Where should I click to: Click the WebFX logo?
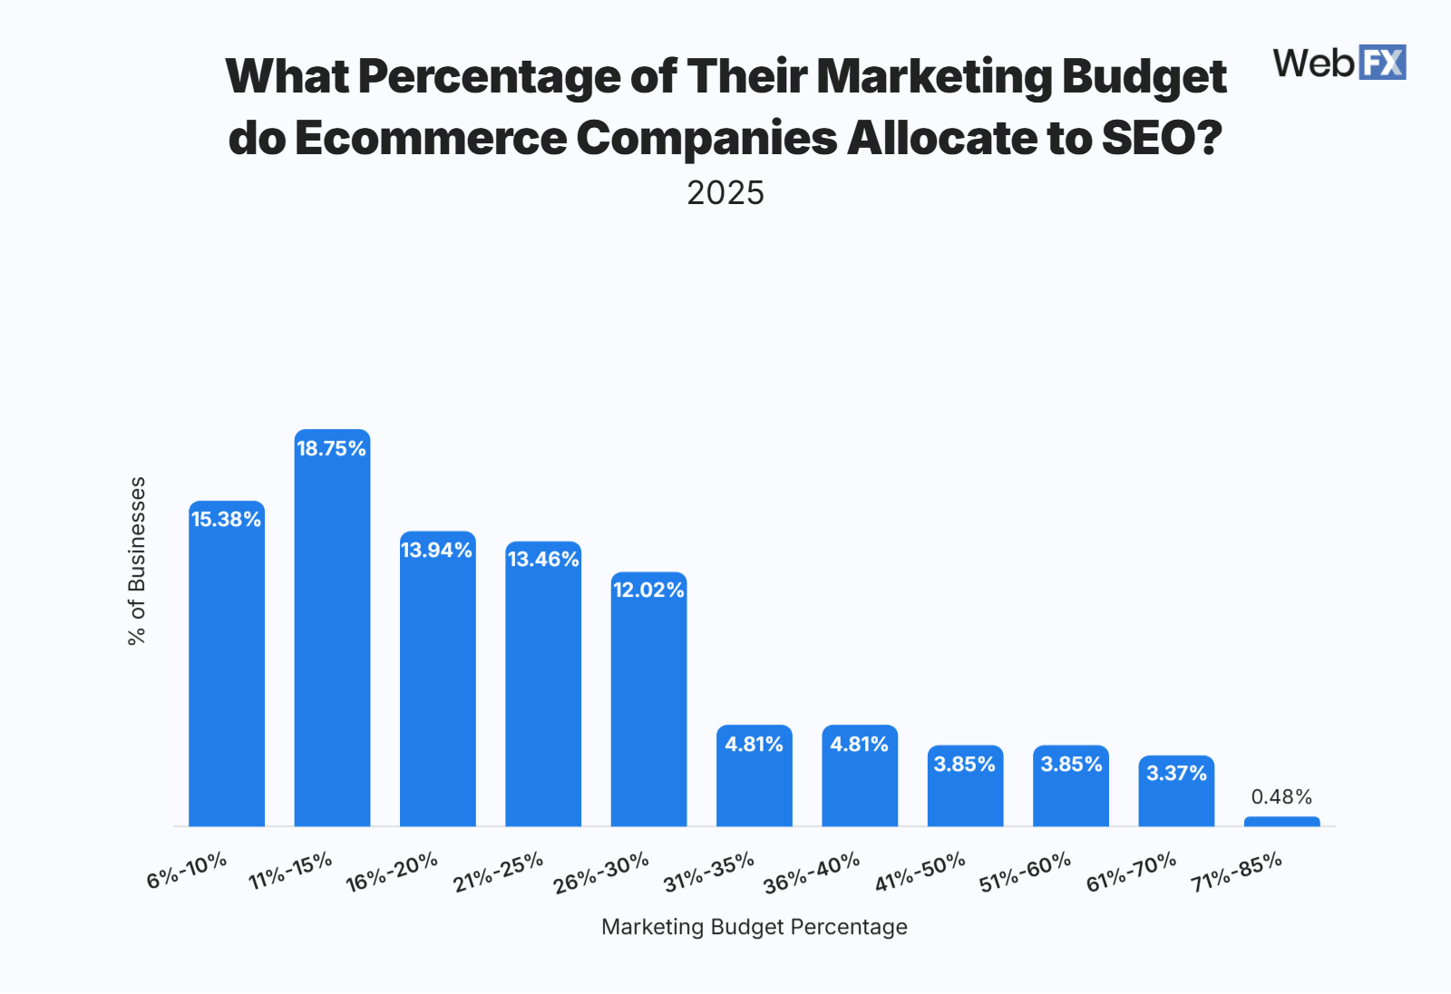pyautogui.click(x=1339, y=63)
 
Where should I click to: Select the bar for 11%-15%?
pyautogui.click(x=332, y=635)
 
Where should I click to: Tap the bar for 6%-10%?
pyautogui.click(x=227, y=671)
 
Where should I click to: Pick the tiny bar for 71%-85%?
pyautogui.click(x=1281, y=822)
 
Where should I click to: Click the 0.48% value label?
pyautogui.click(x=1281, y=796)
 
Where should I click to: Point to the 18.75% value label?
pyautogui.click(x=332, y=448)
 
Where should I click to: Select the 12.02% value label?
pyautogui.click(x=648, y=590)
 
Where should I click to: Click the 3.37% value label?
pyautogui.click(x=1176, y=773)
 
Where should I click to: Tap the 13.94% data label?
pyautogui.click(x=437, y=550)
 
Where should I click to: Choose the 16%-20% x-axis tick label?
pyautogui.click(x=392, y=872)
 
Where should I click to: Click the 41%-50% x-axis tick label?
pyautogui.click(x=920, y=872)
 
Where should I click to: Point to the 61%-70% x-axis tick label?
pyautogui.click(x=1131, y=872)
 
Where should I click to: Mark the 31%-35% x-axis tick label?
pyautogui.click(x=708, y=872)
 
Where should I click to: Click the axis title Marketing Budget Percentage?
pyautogui.click(x=754, y=926)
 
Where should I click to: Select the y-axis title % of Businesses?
pyautogui.click(x=137, y=560)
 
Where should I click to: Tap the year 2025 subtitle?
pyautogui.click(x=725, y=193)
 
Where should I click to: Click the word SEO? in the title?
pyautogui.click(x=1162, y=138)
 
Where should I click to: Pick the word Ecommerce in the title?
pyautogui.click(x=430, y=138)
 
